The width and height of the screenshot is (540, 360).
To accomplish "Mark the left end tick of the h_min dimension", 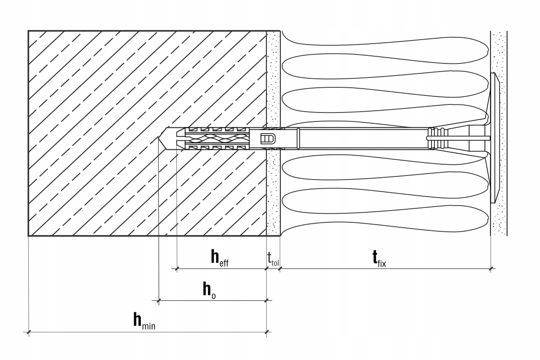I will (x=29, y=333).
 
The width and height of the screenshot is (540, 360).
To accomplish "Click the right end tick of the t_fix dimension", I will (x=491, y=269).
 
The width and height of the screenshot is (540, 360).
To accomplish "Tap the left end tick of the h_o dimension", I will (x=158, y=300).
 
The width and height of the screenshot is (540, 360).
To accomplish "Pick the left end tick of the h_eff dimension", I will (x=176, y=269).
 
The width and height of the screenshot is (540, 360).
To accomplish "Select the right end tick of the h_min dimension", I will (x=267, y=333).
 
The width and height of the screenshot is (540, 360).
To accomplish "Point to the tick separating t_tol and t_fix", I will (x=280, y=269).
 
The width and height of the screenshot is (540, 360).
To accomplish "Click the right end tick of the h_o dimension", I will (x=267, y=300).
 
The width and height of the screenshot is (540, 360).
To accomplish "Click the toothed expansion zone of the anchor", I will (x=216, y=139).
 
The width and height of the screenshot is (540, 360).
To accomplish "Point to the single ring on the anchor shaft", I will (x=298, y=139).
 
